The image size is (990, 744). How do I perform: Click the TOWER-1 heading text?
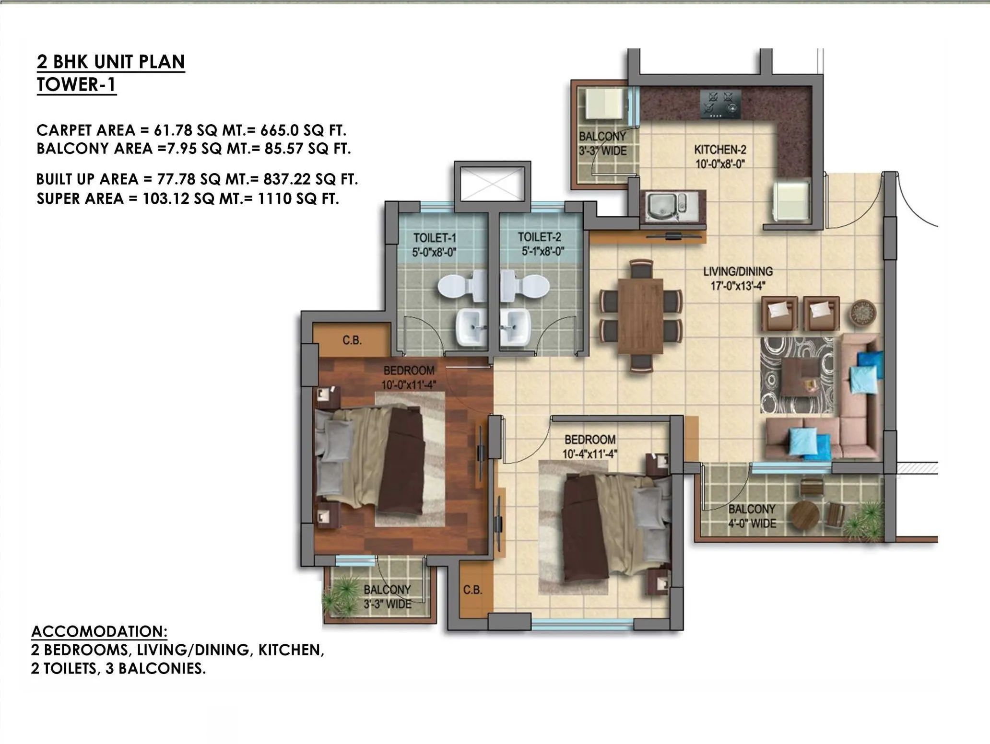tap(76, 85)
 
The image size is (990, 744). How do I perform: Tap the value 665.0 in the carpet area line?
tap(280, 130)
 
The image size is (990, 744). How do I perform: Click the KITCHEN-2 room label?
tap(719, 150)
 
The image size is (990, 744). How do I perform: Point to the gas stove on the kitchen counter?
tap(720, 105)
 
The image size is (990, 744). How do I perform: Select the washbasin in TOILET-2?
tap(513, 327)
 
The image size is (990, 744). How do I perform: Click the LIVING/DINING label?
tap(738, 271)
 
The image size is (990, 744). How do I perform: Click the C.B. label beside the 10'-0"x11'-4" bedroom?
tap(352, 340)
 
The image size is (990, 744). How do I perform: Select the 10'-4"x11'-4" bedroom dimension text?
tap(589, 453)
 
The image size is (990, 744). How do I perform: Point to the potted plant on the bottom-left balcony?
tap(342, 594)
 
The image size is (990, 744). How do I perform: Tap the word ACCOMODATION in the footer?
tap(99, 631)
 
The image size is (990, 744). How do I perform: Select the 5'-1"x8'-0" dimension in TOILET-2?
tap(542, 251)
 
